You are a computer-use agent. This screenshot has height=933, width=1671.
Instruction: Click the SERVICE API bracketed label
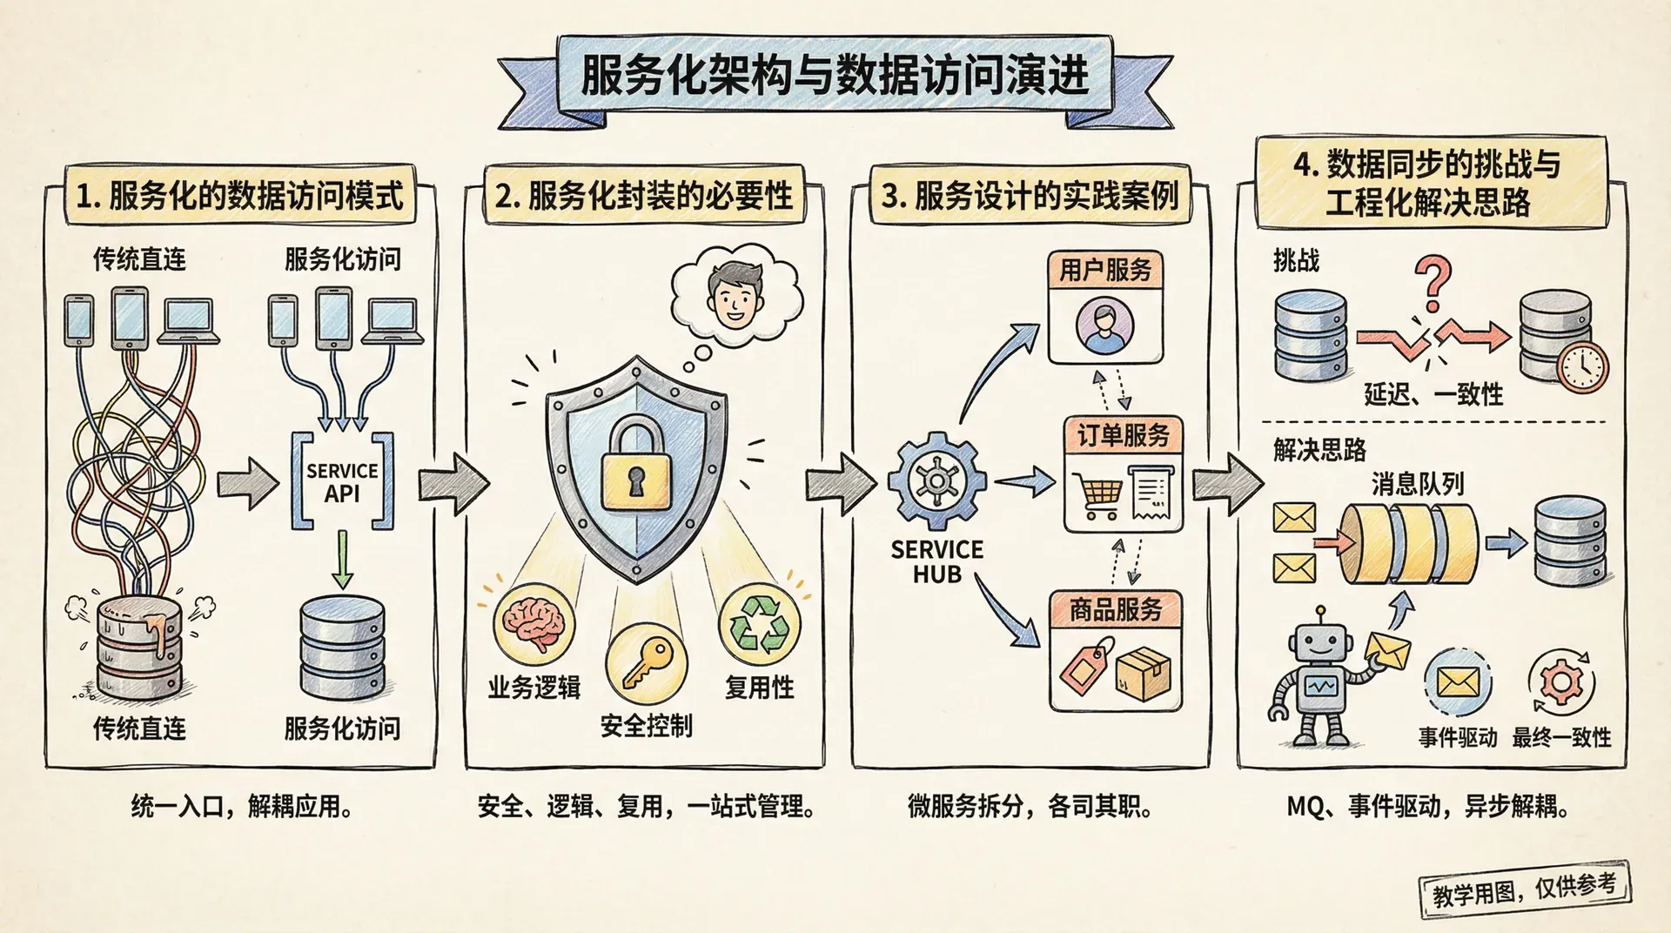click(342, 482)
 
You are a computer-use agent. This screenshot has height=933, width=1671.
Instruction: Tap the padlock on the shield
click(636, 466)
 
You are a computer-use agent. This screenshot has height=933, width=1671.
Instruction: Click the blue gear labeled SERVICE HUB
click(936, 481)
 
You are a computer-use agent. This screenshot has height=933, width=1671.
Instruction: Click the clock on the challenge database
click(1582, 367)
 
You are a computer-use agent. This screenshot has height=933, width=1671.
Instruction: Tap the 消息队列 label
click(1418, 484)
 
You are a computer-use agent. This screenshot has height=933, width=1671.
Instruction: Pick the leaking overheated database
click(139, 646)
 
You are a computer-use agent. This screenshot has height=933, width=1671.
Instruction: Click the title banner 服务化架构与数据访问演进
click(835, 77)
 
